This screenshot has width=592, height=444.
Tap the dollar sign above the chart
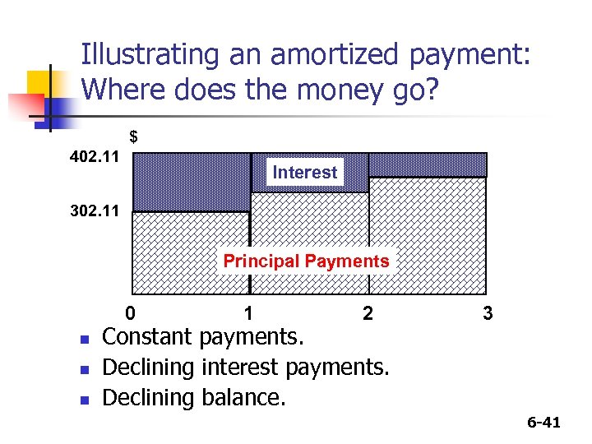click(133, 136)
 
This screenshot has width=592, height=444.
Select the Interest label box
click(305, 173)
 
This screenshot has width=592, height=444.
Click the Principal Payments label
click(306, 261)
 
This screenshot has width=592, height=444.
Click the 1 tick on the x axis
click(248, 313)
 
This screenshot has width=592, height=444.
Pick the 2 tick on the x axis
click(368, 313)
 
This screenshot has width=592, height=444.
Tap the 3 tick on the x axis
click(488, 313)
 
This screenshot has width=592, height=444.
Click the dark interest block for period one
click(191, 182)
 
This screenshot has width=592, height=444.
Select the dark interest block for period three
click(428, 164)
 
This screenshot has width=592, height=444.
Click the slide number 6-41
click(543, 423)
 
